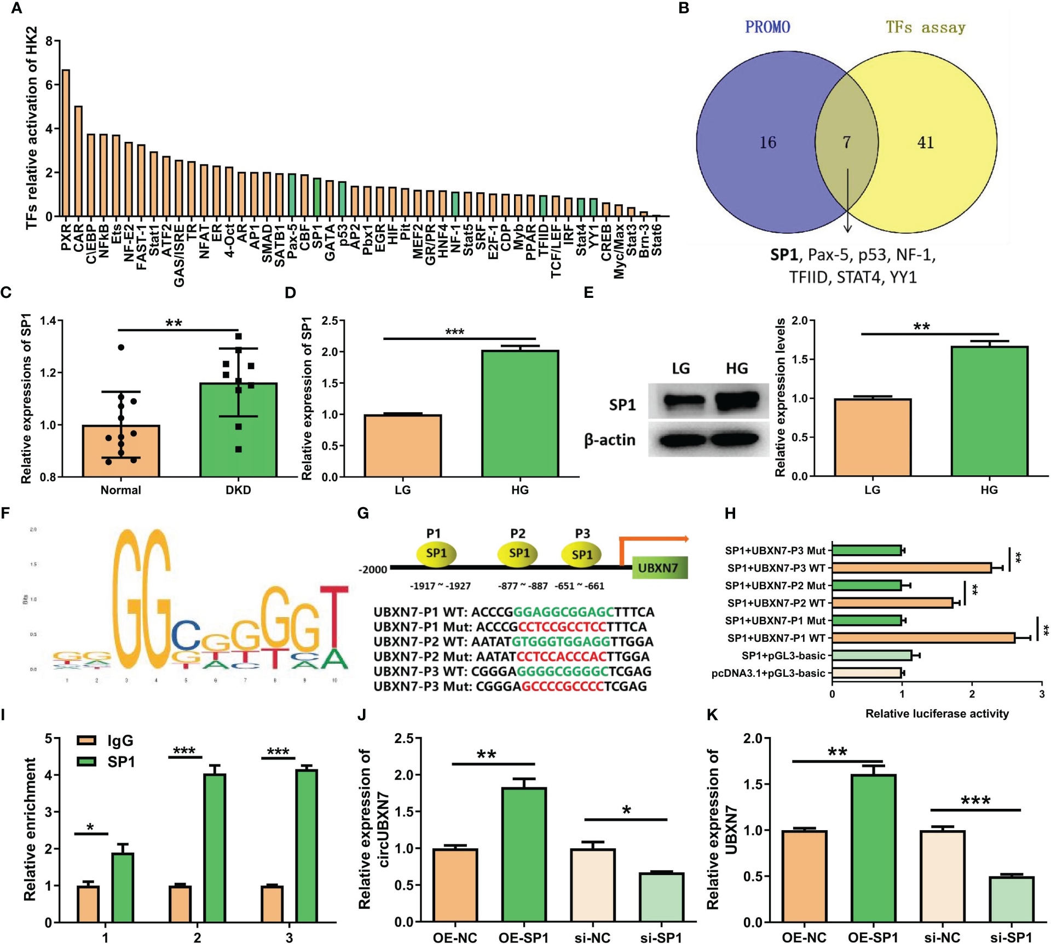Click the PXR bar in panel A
point(66,143)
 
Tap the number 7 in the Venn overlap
point(846,142)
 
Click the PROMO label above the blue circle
point(767,27)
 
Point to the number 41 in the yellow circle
point(925,142)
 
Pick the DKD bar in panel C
point(238,430)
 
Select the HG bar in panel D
point(520,414)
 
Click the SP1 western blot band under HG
point(737,401)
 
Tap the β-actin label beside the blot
point(610,440)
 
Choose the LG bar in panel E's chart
point(873,438)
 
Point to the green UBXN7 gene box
point(659,568)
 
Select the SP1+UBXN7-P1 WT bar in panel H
point(923,638)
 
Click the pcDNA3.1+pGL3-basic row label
point(768,673)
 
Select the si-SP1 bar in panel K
point(1011,900)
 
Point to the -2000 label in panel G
point(373,569)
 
